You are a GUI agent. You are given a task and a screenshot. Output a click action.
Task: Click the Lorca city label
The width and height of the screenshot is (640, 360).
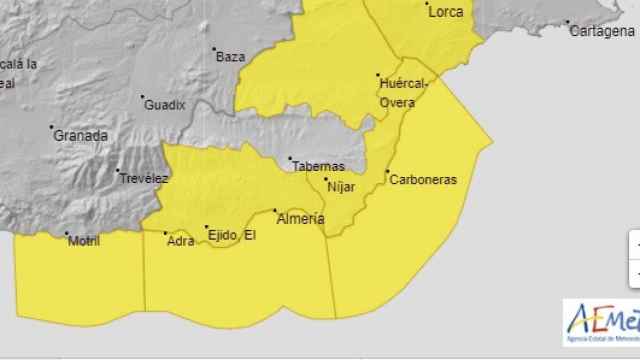pyautogui.click(x=444, y=13)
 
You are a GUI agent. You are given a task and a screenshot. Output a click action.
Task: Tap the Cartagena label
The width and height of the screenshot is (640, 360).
pyautogui.click(x=601, y=31)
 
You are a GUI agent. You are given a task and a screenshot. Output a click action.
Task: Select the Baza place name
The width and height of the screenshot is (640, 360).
pyautogui.click(x=230, y=57)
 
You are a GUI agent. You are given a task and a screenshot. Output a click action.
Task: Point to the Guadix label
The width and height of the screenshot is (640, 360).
pyautogui.click(x=164, y=104)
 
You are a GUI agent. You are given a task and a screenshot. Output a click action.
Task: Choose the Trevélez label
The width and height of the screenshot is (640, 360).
pyautogui.click(x=144, y=178)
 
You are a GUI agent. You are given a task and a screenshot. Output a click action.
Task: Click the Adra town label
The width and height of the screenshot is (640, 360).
pyautogui.click(x=181, y=241)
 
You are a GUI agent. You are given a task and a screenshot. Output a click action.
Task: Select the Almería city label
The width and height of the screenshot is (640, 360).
pyautogui.click(x=300, y=218)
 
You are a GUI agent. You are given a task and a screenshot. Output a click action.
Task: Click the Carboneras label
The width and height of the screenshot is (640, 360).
pyautogui.click(x=422, y=179)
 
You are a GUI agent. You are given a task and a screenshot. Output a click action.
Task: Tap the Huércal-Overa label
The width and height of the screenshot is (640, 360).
pyautogui.click(x=404, y=92)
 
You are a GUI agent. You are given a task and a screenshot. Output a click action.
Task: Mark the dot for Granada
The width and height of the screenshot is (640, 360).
pyautogui.click(x=52, y=127)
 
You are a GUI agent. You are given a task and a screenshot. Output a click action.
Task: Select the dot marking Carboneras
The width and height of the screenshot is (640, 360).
pyautogui.click(x=389, y=172)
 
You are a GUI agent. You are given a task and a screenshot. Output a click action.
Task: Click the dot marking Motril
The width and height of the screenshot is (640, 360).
pyautogui.click(x=67, y=235)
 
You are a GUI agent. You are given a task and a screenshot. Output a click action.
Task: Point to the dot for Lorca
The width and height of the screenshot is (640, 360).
pyautogui.click(x=424, y=6)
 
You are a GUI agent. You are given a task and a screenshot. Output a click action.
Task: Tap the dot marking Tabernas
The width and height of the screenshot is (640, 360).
pyautogui.click(x=290, y=159)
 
